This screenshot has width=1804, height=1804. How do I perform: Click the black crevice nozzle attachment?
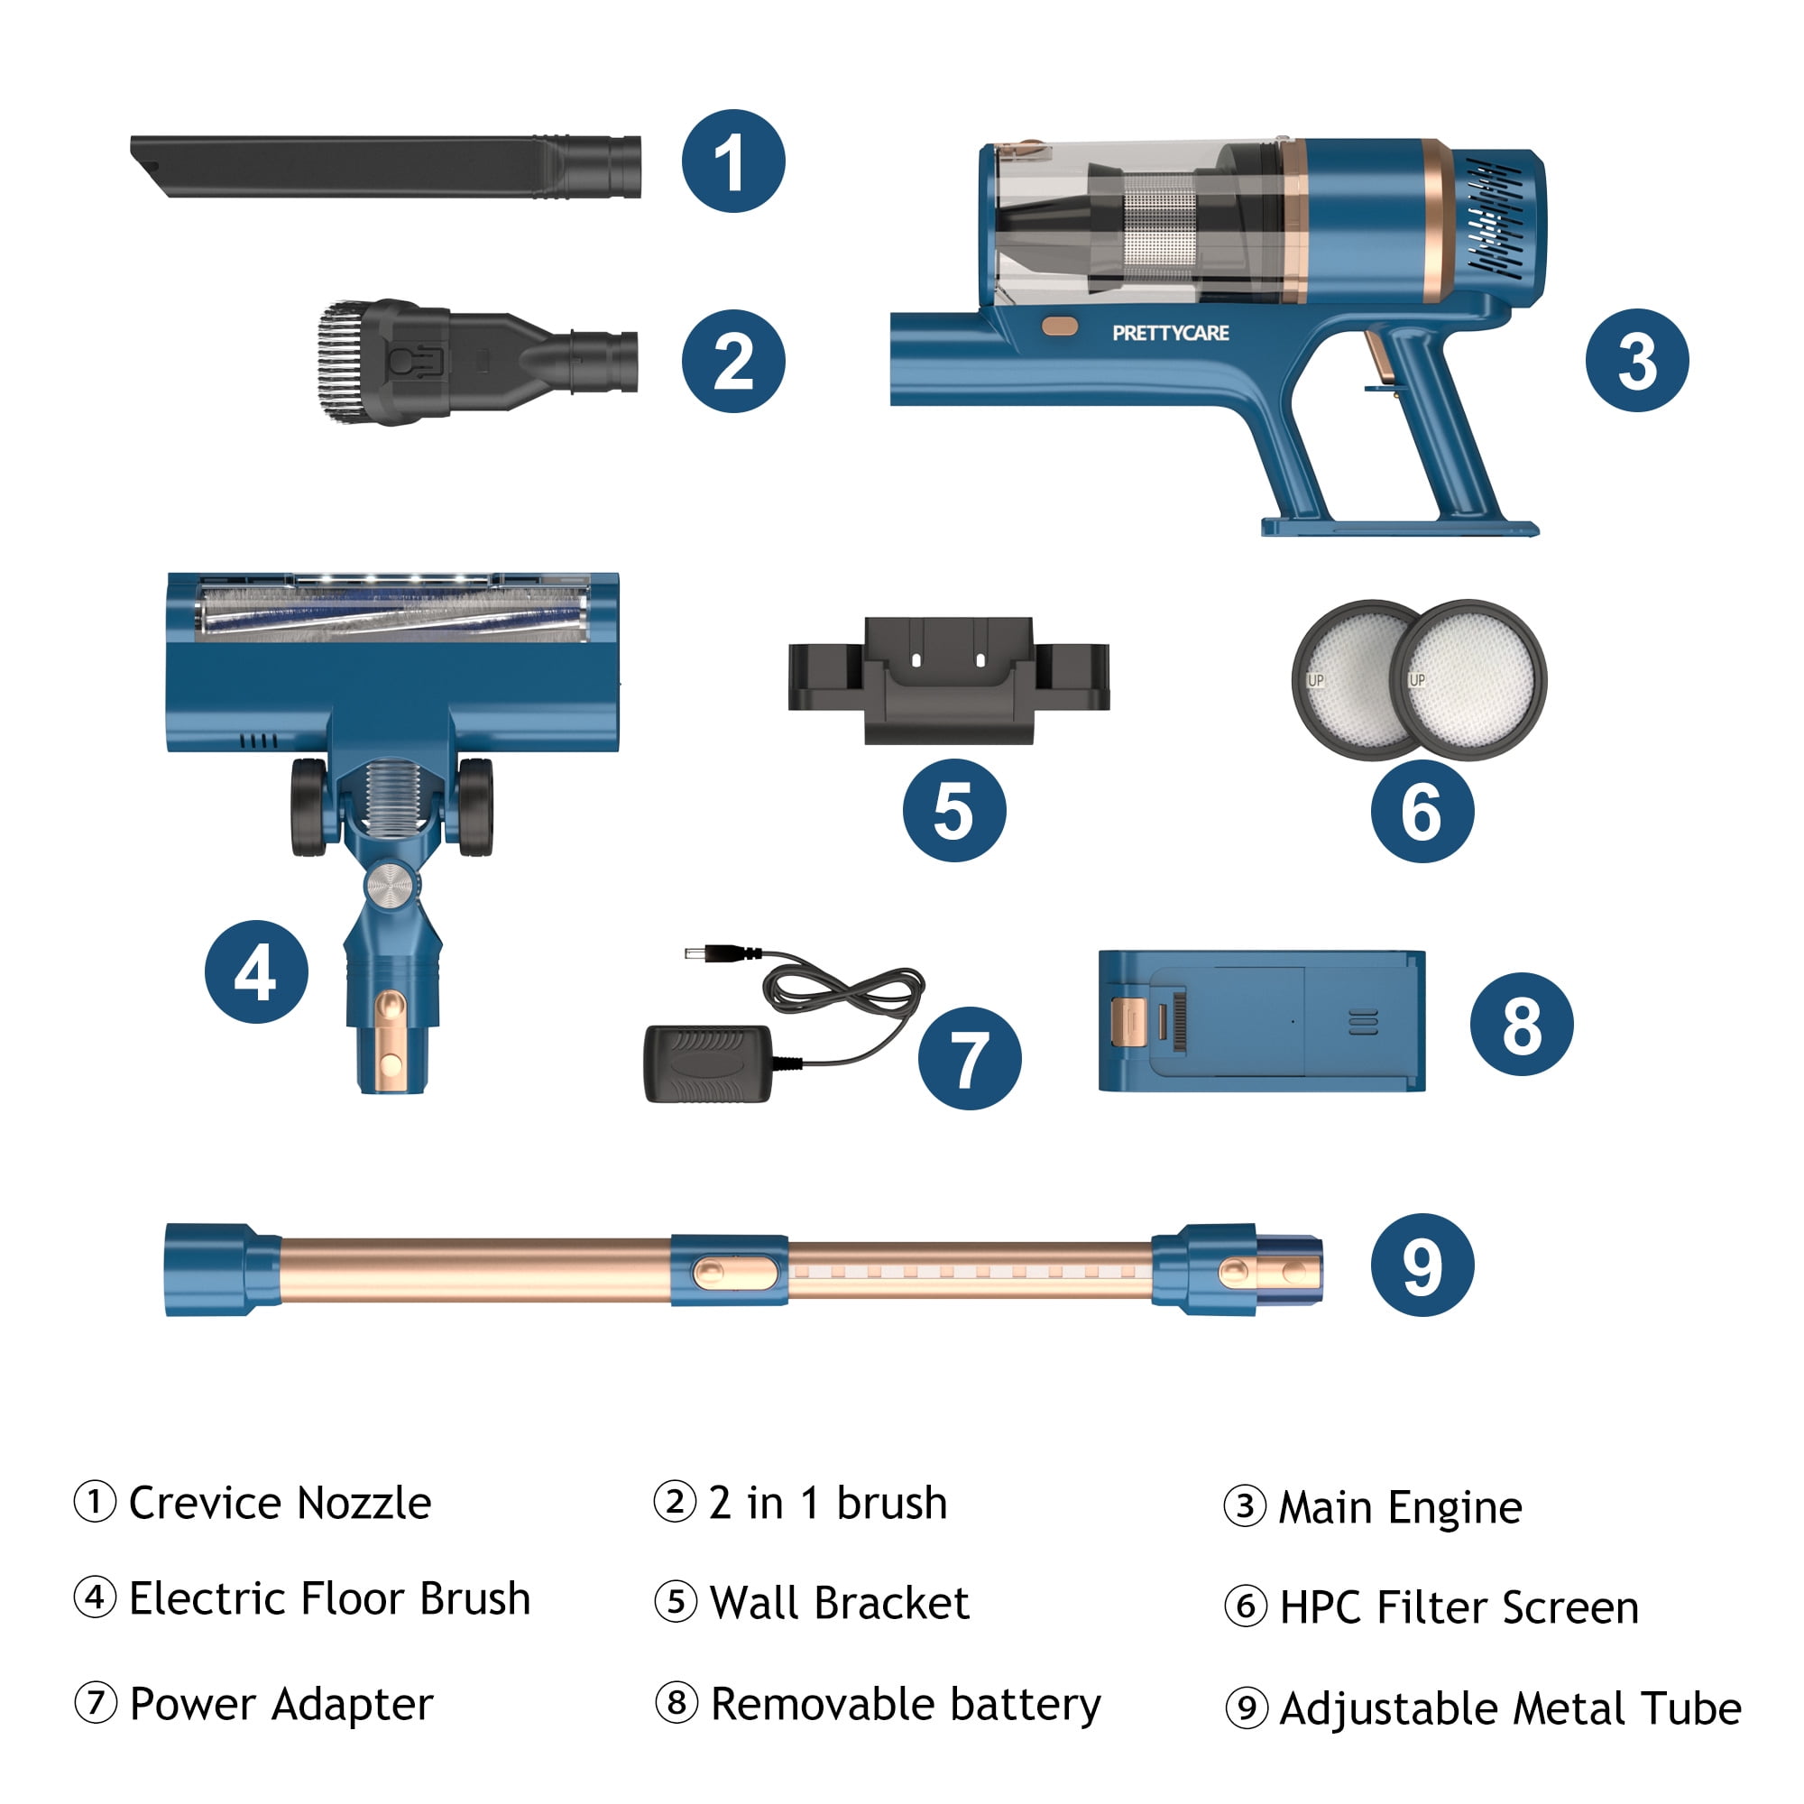click(x=385, y=166)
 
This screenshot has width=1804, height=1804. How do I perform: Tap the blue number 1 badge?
click(x=733, y=161)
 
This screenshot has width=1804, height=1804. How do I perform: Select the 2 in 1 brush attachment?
click(x=477, y=362)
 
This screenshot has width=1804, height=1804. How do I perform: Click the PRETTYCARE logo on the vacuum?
click(x=1170, y=333)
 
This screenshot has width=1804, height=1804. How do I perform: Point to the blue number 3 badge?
click(x=1637, y=361)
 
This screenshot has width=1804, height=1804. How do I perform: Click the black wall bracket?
click(x=949, y=680)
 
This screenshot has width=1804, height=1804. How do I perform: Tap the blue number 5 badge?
click(x=954, y=810)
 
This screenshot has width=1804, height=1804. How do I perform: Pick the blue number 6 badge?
click(x=1422, y=810)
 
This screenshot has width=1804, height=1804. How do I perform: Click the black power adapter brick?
click(x=708, y=1063)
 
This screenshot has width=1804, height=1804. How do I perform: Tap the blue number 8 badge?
click(x=1522, y=1024)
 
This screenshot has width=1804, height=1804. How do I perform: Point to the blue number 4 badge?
click(x=256, y=971)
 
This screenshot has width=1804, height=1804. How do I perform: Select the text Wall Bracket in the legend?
click(x=840, y=1602)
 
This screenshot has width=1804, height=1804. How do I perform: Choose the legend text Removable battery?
click(x=906, y=1705)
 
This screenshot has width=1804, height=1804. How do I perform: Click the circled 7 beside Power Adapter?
click(x=96, y=1702)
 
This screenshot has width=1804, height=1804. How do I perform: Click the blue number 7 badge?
click(x=970, y=1058)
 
